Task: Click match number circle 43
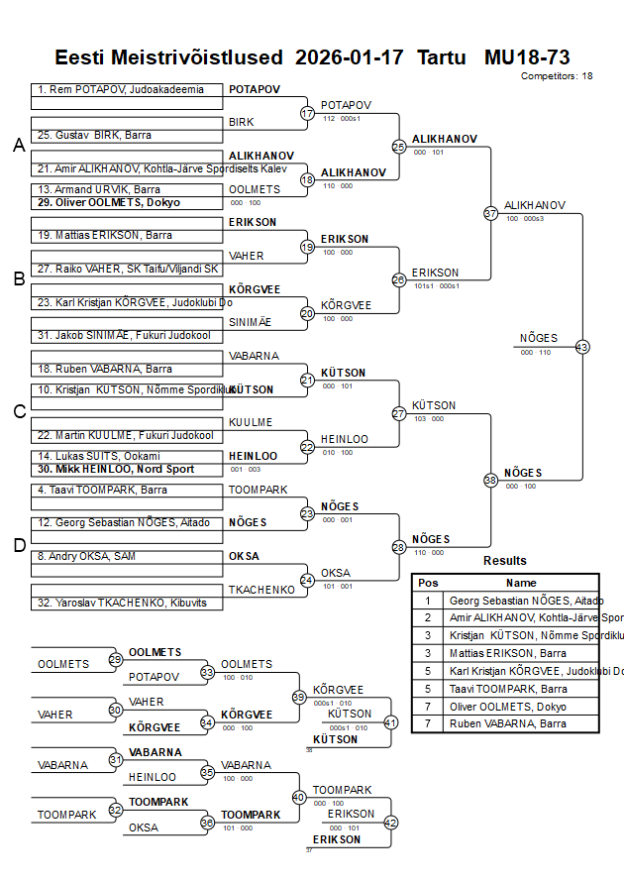click(582, 347)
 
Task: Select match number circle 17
click(307, 113)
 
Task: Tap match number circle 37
click(490, 213)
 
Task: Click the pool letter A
click(19, 146)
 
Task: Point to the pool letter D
click(19, 544)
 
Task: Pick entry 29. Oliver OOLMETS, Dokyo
click(109, 202)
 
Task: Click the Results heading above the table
click(505, 561)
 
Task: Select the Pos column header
click(428, 583)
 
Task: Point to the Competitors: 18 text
click(557, 76)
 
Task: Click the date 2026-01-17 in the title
click(350, 56)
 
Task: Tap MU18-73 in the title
click(527, 56)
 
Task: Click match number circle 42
click(390, 823)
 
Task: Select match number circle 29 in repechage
click(116, 659)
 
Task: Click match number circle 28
click(399, 547)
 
